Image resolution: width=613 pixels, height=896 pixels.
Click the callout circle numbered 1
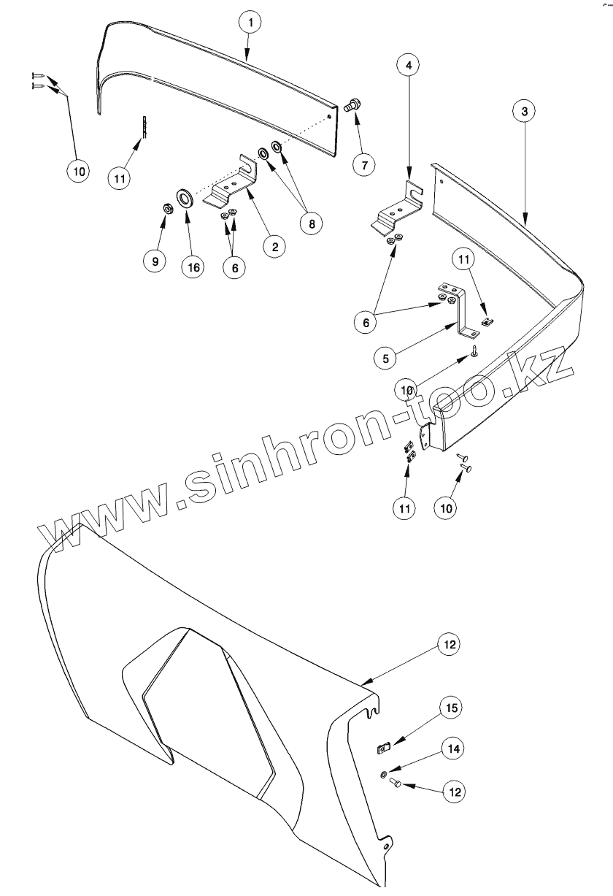coord(250,23)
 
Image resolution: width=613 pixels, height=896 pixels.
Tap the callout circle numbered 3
coord(523,111)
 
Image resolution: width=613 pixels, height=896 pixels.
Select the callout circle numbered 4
coord(409,65)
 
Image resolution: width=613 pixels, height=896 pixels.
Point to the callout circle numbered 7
coord(363,164)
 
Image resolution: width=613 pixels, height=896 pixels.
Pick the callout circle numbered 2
coord(274,247)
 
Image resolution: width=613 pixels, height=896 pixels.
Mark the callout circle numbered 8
coord(312,223)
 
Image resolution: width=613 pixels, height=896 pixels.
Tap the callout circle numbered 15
coord(452,708)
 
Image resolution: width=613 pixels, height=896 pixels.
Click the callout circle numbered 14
coord(452,748)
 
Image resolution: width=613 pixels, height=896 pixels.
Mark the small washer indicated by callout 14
coord(384,774)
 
